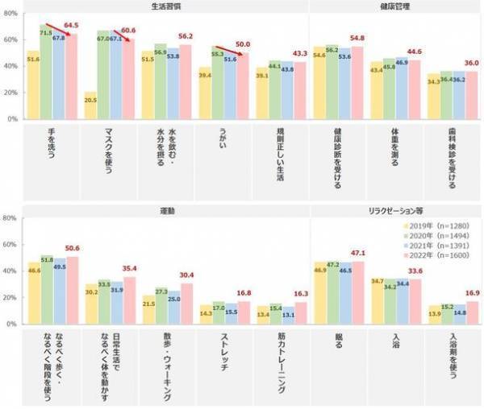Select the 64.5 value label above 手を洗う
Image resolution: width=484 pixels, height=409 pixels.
[71, 26]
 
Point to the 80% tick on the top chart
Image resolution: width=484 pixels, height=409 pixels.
[10, 13]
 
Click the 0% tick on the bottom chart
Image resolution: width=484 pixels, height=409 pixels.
[12, 324]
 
